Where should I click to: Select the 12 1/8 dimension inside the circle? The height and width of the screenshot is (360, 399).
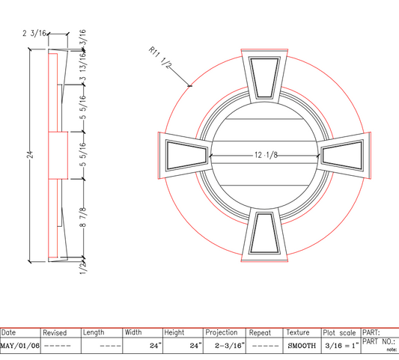(266, 155)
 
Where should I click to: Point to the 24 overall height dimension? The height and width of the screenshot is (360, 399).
(31, 155)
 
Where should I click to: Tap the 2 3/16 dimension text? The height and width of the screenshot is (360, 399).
(36, 34)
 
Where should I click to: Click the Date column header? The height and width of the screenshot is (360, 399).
(9, 332)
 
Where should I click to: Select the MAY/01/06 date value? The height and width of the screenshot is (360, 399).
(19, 347)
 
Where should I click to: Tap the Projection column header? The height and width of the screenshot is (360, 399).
(222, 332)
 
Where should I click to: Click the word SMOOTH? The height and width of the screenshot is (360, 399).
(301, 347)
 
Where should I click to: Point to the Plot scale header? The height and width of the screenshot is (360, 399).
(340, 332)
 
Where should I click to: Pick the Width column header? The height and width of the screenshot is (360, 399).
(133, 332)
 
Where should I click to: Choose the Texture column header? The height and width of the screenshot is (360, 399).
(297, 332)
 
